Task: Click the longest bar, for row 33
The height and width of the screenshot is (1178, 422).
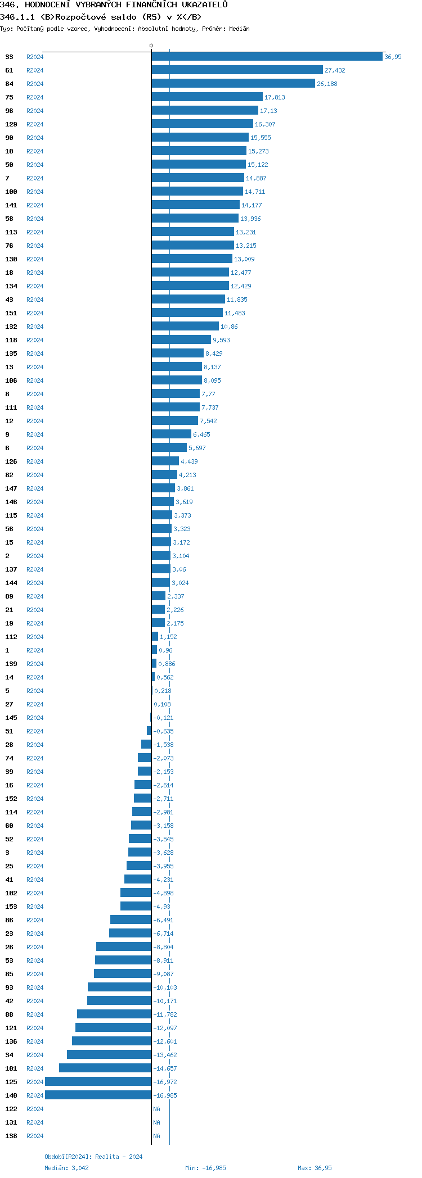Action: [x=267, y=57]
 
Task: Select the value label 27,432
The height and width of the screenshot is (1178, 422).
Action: [x=335, y=70]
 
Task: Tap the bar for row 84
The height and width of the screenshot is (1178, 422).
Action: [x=233, y=84]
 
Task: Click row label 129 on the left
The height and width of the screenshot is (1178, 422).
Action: [x=11, y=124]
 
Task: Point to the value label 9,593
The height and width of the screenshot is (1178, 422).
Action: [x=221, y=340]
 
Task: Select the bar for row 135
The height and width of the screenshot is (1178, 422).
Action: [x=177, y=354]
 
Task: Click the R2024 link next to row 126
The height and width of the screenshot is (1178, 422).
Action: [x=35, y=461]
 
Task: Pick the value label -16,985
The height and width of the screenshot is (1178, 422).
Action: [x=165, y=1095]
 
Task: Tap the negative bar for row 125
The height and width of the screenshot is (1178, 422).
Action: [x=98, y=1082]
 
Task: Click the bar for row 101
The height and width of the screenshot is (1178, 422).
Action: [x=105, y=1068]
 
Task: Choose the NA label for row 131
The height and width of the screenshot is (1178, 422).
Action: [x=156, y=1122]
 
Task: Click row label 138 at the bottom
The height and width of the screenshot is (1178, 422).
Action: [x=11, y=1136]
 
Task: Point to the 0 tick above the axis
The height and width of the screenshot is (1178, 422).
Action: [x=151, y=46]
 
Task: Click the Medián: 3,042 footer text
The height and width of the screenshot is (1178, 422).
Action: [x=66, y=1168]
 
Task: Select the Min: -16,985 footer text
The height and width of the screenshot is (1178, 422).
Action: [x=205, y=1168]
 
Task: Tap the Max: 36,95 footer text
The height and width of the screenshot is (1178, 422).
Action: [x=315, y=1168]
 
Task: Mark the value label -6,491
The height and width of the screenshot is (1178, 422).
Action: [x=163, y=920]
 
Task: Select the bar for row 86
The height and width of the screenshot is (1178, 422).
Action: [x=131, y=920]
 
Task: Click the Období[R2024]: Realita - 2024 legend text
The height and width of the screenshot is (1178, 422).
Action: [x=93, y=1157]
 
